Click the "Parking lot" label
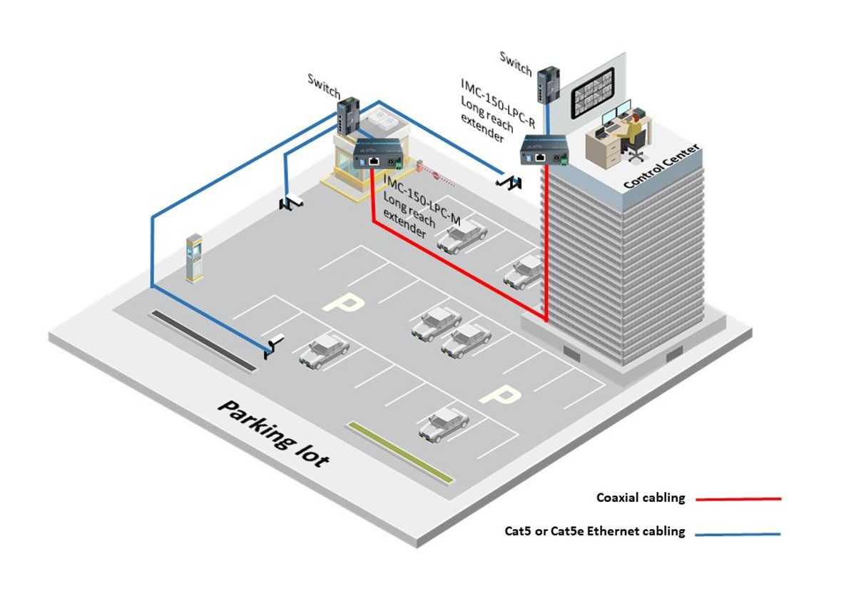click(274, 434)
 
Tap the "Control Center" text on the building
click(661, 166)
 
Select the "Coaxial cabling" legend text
click(641, 498)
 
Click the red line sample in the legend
click(738, 499)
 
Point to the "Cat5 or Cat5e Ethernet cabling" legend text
click(595, 531)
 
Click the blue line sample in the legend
click(738, 534)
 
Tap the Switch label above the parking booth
click(324, 86)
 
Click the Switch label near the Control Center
click(516, 64)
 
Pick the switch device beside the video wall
click(549, 84)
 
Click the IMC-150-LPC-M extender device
click(377, 153)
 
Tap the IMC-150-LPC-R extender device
click(544, 150)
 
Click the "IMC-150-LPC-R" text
click(498, 104)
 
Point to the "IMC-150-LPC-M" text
click(422, 199)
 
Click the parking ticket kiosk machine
click(195, 258)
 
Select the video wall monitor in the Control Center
click(593, 93)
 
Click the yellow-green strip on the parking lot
click(400, 452)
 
